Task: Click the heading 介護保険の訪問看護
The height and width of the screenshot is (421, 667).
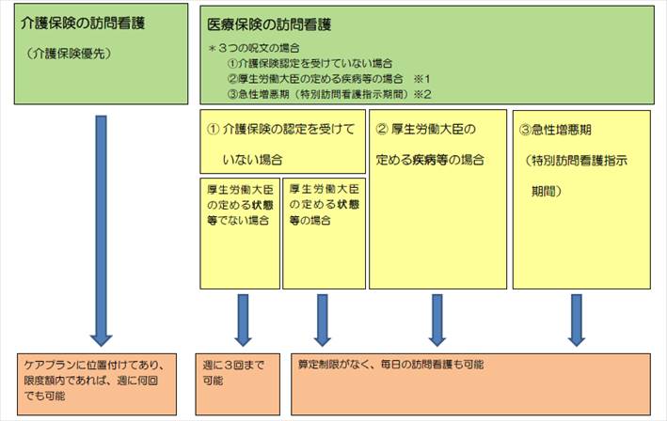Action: click(x=83, y=23)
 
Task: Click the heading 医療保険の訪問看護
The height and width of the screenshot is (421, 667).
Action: click(x=269, y=24)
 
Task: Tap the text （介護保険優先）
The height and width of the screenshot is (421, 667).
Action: click(x=69, y=54)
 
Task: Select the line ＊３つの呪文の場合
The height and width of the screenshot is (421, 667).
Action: click(x=254, y=48)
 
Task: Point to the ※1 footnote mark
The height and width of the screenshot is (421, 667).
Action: click(x=422, y=79)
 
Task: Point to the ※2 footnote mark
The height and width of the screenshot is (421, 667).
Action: click(x=423, y=94)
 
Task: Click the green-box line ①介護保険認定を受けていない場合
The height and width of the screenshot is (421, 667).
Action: click(x=310, y=64)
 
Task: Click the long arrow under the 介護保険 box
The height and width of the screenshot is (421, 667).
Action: click(x=102, y=230)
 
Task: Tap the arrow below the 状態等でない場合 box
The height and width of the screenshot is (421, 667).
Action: click(x=243, y=320)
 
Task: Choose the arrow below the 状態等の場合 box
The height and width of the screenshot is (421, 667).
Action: click(x=323, y=320)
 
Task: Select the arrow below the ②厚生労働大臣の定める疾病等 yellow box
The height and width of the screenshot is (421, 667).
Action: click(x=437, y=320)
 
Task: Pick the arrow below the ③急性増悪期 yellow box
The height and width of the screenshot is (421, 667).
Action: click(x=577, y=320)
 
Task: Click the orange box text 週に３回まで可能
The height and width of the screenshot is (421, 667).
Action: click(x=233, y=372)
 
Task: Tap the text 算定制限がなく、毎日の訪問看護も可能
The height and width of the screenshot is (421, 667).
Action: click(x=390, y=365)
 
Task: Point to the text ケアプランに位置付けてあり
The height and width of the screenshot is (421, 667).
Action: click(x=90, y=365)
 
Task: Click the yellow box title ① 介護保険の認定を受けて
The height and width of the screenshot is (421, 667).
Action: click(x=280, y=129)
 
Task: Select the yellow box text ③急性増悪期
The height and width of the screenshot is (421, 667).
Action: click(x=555, y=130)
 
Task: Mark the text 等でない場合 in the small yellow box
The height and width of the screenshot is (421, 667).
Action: click(x=238, y=221)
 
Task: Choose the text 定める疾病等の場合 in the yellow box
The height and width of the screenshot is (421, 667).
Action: click(x=430, y=160)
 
